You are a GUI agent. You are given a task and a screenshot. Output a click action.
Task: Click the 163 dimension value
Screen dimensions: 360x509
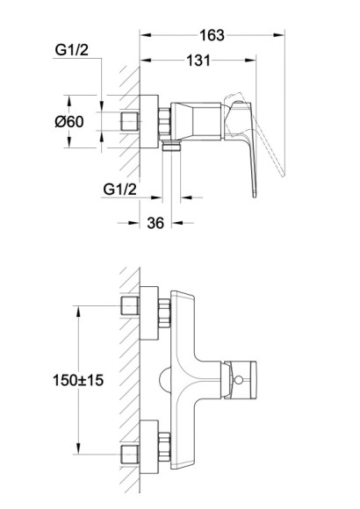click(212, 35)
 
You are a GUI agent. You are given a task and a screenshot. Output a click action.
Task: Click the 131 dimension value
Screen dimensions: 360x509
click(198, 61)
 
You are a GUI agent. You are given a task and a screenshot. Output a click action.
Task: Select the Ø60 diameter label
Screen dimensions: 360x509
click(69, 122)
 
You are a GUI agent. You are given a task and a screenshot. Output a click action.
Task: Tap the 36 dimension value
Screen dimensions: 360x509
click(155, 223)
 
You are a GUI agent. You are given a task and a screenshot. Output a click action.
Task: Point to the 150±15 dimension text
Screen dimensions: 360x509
click(78, 380)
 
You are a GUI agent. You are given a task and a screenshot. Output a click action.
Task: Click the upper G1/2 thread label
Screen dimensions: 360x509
click(71, 50)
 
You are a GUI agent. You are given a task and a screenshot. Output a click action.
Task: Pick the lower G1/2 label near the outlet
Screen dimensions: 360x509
click(120, 190)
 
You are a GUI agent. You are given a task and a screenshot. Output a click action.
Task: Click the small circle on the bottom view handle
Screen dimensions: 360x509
click(239, 379)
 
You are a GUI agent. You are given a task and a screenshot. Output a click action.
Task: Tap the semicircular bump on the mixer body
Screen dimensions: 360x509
click(165, 380)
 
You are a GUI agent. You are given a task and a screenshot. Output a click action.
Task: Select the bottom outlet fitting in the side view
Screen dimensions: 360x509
click(171, 146)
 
